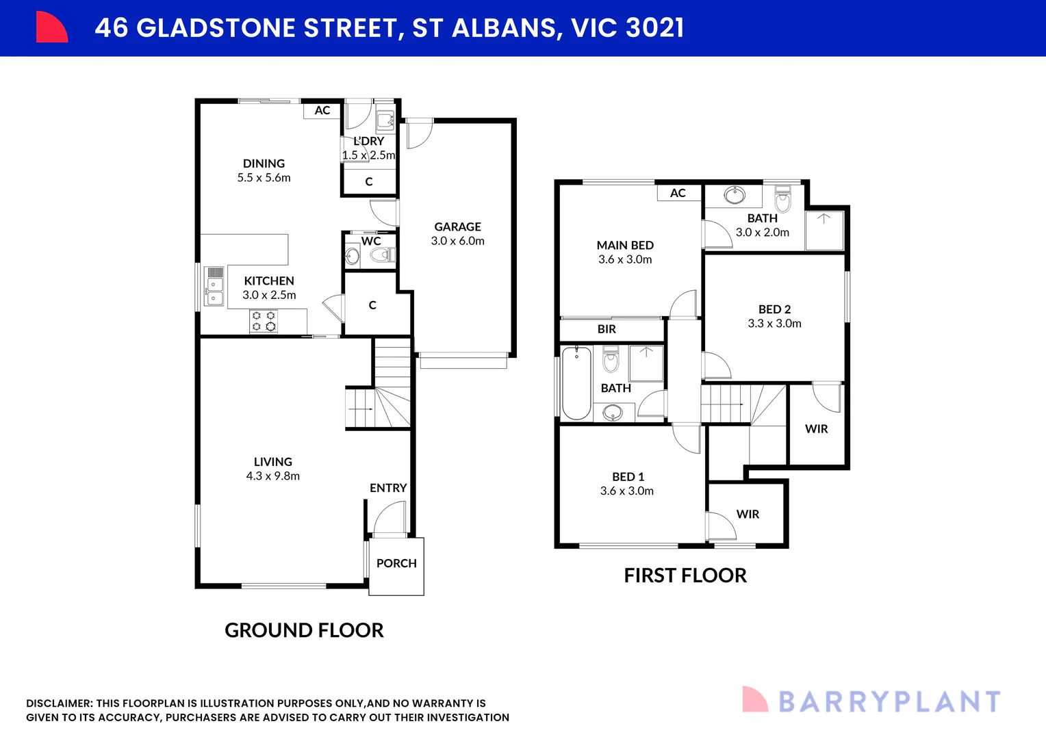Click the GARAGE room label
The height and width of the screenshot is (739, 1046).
point(457,227)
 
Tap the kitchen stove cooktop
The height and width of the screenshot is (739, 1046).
point(264,321)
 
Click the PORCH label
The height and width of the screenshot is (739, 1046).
point(396,563)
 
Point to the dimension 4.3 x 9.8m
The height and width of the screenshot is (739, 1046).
point(272,476)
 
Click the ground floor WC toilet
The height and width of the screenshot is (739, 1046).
point(380,255)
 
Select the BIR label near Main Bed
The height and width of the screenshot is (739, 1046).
point(607,329)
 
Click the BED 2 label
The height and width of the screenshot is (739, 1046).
point(774,309)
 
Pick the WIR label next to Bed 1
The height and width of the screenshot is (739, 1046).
point(748,514)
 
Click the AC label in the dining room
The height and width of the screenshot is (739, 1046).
point(322,110)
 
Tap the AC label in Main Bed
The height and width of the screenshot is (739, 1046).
point(678,193)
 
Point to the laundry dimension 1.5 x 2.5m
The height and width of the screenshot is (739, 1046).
point(369,155)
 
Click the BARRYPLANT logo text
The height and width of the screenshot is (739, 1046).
point(889,702)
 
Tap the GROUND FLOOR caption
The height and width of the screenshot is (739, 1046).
point(304,630)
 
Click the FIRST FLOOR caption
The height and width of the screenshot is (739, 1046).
point(685,575)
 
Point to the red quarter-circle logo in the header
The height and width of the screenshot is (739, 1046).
point(51,27)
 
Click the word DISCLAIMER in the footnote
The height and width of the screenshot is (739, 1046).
point(59,703)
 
